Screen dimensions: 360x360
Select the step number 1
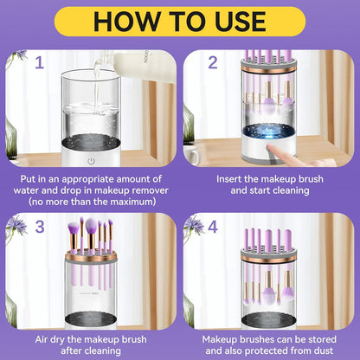(39, 61)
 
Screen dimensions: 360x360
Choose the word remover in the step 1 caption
(141, 190)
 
